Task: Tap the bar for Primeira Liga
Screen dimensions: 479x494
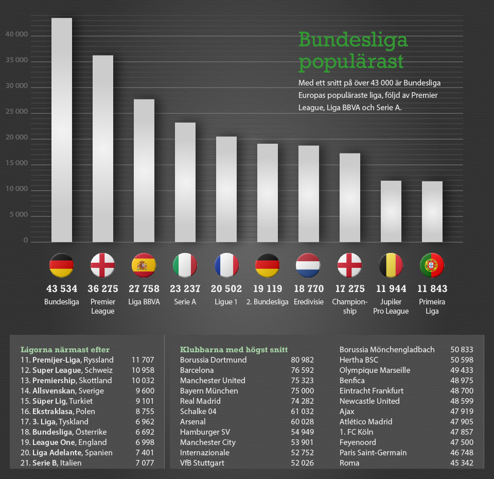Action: click(x=432, y=211)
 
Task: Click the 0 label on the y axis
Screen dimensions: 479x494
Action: click(x=25, y=241)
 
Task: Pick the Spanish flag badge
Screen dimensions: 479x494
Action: click(x=144, y=266)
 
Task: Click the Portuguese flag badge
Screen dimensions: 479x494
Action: click(x=432, y=266)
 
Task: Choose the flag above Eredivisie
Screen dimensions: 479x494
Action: click(x=308, y=266)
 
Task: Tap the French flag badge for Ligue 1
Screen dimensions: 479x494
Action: click(x=226, y=266)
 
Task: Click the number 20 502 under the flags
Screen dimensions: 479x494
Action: click(x=226, y=289)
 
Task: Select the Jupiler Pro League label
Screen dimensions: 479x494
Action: click(x=391, y=306)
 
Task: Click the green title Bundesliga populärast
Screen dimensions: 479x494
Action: click(x=353, y=51)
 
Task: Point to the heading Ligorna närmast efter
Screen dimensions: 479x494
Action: click(x=65, y=350)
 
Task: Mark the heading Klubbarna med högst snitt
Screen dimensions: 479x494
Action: click(x=234, y=350)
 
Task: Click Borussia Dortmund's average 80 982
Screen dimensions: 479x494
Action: click(x=302, y=360)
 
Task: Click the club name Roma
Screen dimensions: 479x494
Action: click(x=349, y=463)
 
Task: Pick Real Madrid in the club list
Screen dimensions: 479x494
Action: click(x=200, y=401)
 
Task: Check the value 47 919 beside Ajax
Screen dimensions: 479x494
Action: click(x=462, y=412)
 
